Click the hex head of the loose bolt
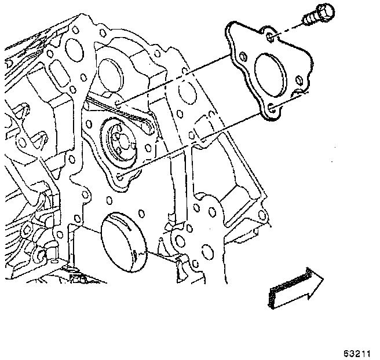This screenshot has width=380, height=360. pyautogui.click(x=321, y=11)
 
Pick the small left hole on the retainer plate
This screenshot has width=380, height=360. pyautogui.click(x=242, y=57)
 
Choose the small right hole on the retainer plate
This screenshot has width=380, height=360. pyautogui.click(x=298, y=80)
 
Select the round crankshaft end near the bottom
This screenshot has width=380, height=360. pyautogui.click(x=123, y=241)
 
